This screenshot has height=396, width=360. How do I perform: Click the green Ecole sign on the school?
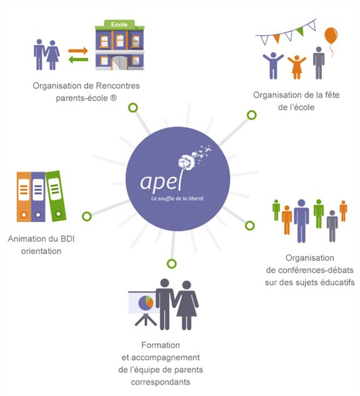[120, 24]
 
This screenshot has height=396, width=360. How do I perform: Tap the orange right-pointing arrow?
[78, 51]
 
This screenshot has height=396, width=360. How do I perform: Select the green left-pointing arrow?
[78, 60]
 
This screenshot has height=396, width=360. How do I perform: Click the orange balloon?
[331, 36]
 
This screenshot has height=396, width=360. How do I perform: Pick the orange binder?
[24, 196]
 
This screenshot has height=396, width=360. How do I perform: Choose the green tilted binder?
[56, 196]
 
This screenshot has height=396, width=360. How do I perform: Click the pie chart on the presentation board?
[146, 303]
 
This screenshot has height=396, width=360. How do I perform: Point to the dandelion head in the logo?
[187, 162]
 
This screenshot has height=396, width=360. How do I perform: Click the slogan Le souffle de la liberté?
[177, 198]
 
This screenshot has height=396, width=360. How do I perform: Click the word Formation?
[160, 345]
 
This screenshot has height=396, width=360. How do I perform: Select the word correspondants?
[160, 382]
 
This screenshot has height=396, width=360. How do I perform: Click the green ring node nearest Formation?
[172, 263]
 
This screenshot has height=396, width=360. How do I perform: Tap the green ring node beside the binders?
[87, 216]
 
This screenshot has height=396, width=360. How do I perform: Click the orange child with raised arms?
[297, 67]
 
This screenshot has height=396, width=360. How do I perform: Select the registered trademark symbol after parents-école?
[113, 98]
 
